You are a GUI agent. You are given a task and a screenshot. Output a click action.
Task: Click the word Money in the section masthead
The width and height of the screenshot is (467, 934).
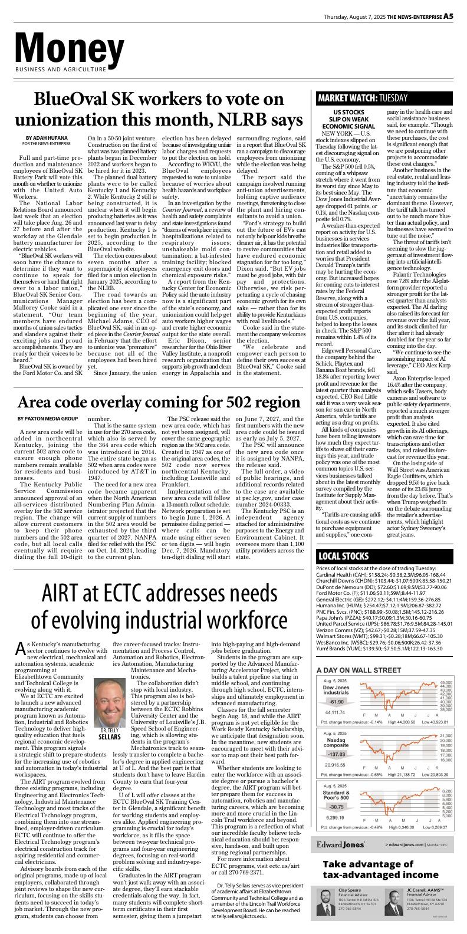point(69,46)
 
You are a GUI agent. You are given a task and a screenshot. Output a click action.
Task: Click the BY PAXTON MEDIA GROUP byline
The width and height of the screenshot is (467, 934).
point(47,418)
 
